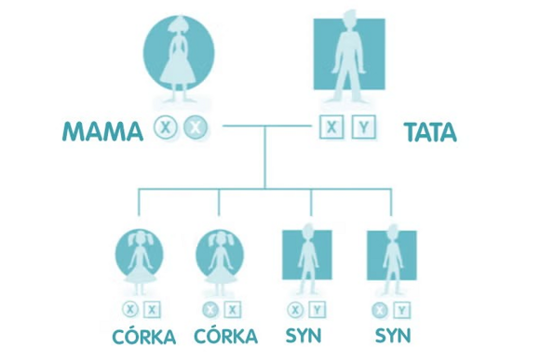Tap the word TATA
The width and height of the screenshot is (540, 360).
click(430, 131)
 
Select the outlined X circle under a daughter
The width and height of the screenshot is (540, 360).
click(128, 310)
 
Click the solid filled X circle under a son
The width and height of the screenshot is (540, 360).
click(378, 310)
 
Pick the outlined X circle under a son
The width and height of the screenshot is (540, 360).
click(296, 310)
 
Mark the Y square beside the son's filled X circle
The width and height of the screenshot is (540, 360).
click(400, 310)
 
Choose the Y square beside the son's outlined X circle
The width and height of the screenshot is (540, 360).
click(318, 310)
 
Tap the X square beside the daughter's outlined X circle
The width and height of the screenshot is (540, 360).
click(151, 310)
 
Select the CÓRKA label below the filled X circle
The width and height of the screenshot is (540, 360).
click(223, 336)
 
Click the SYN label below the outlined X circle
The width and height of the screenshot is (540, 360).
click(306, 336)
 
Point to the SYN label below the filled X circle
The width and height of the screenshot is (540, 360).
click(392, 336)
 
